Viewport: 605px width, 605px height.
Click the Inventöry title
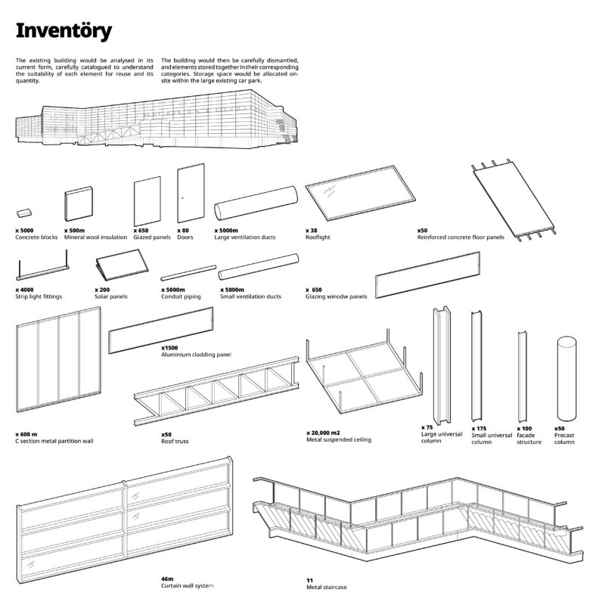64,31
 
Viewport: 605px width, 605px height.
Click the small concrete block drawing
24,213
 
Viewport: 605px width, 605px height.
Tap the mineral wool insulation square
79,203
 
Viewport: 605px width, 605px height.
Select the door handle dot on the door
182,198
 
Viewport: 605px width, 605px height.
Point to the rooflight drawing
361,193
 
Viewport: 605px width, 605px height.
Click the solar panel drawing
122,265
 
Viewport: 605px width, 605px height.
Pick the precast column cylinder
566,379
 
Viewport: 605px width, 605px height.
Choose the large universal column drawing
442,365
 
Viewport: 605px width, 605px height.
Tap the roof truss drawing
216,391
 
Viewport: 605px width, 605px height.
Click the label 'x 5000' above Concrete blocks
24,231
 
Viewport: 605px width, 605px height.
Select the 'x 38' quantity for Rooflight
311,231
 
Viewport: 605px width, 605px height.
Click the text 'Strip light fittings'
39,296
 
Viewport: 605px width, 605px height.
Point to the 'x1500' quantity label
169,348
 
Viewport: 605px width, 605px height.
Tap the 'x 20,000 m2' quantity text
323,433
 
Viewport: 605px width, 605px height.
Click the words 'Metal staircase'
327,588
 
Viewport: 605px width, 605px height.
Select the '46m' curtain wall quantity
167,579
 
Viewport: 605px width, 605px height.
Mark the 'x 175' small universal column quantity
479,428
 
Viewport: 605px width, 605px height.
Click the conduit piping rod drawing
188,273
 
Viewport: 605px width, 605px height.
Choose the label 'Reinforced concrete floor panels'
461,237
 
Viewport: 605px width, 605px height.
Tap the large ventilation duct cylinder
256,203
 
